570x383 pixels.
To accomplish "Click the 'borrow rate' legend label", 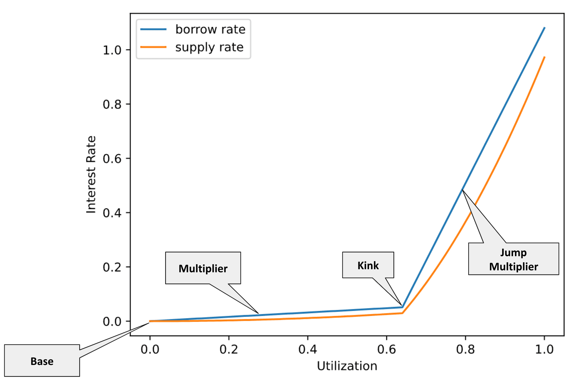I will [210, 29].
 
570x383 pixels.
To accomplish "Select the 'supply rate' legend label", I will [209, 47].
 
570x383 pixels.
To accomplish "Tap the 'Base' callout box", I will [42, 361].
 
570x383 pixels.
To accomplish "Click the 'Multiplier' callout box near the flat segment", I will [203, 268].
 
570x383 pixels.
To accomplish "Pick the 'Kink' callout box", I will [368, 265].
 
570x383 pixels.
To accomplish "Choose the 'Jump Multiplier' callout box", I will [513, 259].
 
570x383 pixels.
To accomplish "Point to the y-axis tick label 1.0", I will [112, 50].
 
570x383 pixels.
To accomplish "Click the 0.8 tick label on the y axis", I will [112, 104].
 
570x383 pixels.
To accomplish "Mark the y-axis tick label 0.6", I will [112, 159].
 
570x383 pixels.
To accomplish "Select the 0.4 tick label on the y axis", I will [112, 213].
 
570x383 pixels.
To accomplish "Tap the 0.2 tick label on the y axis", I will [112, 267].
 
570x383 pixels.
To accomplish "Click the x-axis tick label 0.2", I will [229, 349].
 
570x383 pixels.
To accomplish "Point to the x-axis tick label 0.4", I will [308, 349].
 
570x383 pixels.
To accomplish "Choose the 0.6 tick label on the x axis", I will [386, 349].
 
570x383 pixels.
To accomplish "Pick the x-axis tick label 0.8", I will [465, 349].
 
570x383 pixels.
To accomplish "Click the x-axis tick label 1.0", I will [544, 349].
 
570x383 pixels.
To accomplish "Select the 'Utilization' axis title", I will [347, 366].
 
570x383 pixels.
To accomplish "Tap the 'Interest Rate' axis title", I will [91, 175].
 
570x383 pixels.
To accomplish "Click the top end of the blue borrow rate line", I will [544, 28].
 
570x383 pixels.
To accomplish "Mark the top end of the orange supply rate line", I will [544, 57].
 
